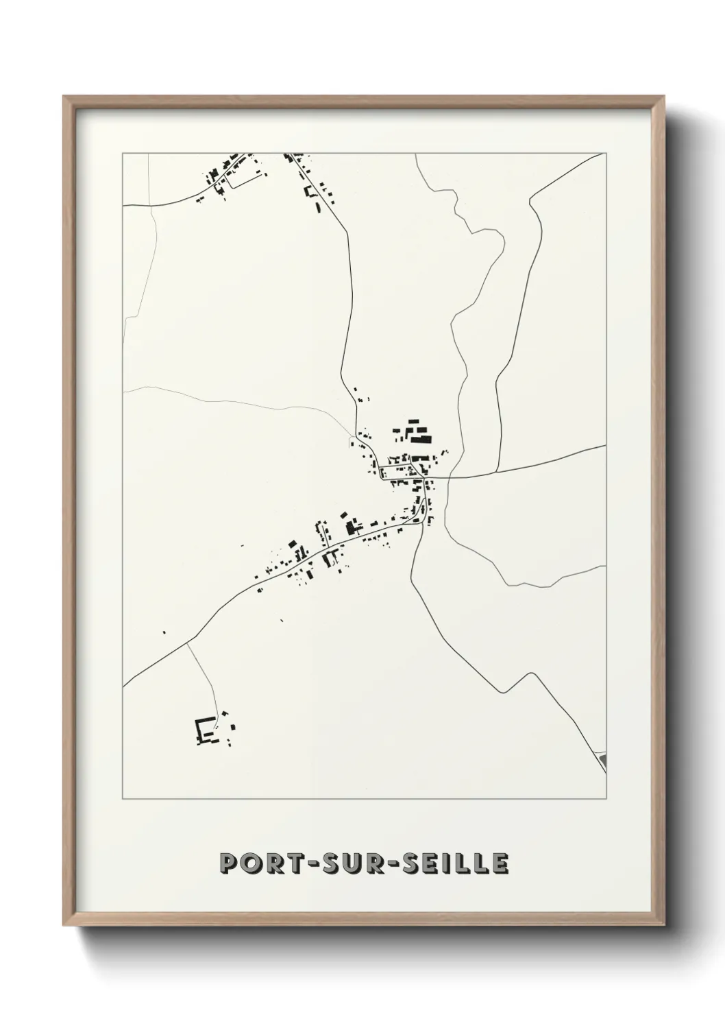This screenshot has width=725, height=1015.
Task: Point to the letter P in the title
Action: tap(228, 863)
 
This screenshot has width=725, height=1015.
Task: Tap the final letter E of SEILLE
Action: tap(500, 863)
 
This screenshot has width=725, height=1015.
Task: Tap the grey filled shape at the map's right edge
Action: tap(603, 760)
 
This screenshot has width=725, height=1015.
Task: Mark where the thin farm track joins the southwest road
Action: tap(186, 644)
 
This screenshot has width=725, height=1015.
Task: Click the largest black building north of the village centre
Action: tap(421, 438)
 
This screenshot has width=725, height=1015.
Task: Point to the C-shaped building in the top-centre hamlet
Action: tap(315, 200)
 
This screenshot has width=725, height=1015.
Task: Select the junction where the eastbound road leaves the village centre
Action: tap(450, 477)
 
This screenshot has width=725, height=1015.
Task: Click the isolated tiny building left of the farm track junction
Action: tap(164, 632)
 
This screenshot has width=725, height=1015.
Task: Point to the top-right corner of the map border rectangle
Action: tap(606, 153)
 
